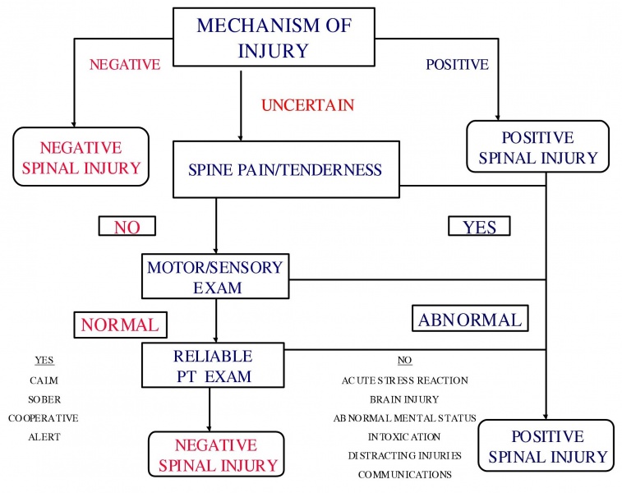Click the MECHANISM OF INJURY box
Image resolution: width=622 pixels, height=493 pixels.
click(274, 37)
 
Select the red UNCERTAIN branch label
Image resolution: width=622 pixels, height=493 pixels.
click(308, 105)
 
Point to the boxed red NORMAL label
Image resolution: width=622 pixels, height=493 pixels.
click(119, 325)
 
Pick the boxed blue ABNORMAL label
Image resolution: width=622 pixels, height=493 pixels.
click(469, 320)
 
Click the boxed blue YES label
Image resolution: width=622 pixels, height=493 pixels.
click(479, 226)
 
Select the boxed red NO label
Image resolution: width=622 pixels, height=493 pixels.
click(127, 227)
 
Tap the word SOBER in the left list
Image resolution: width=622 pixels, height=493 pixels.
click(44, 399)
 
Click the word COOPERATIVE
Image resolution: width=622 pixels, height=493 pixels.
click(44, 418)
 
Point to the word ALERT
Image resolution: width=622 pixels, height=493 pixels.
click(44, 437)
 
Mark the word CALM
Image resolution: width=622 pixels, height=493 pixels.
click(44, 380)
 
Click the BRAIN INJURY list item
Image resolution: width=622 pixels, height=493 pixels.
click(404, 399)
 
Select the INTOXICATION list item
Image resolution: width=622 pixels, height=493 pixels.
click(404, 437)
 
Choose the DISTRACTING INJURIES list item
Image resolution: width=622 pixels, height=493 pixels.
click(404, 456)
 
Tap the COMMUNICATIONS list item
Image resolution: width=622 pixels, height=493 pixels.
click(404, 475)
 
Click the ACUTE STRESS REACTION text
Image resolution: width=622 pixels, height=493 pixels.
click(404, 380)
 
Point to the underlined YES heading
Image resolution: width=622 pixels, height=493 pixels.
click(44, 361)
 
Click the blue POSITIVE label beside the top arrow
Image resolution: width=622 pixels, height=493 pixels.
click(458, 64)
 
